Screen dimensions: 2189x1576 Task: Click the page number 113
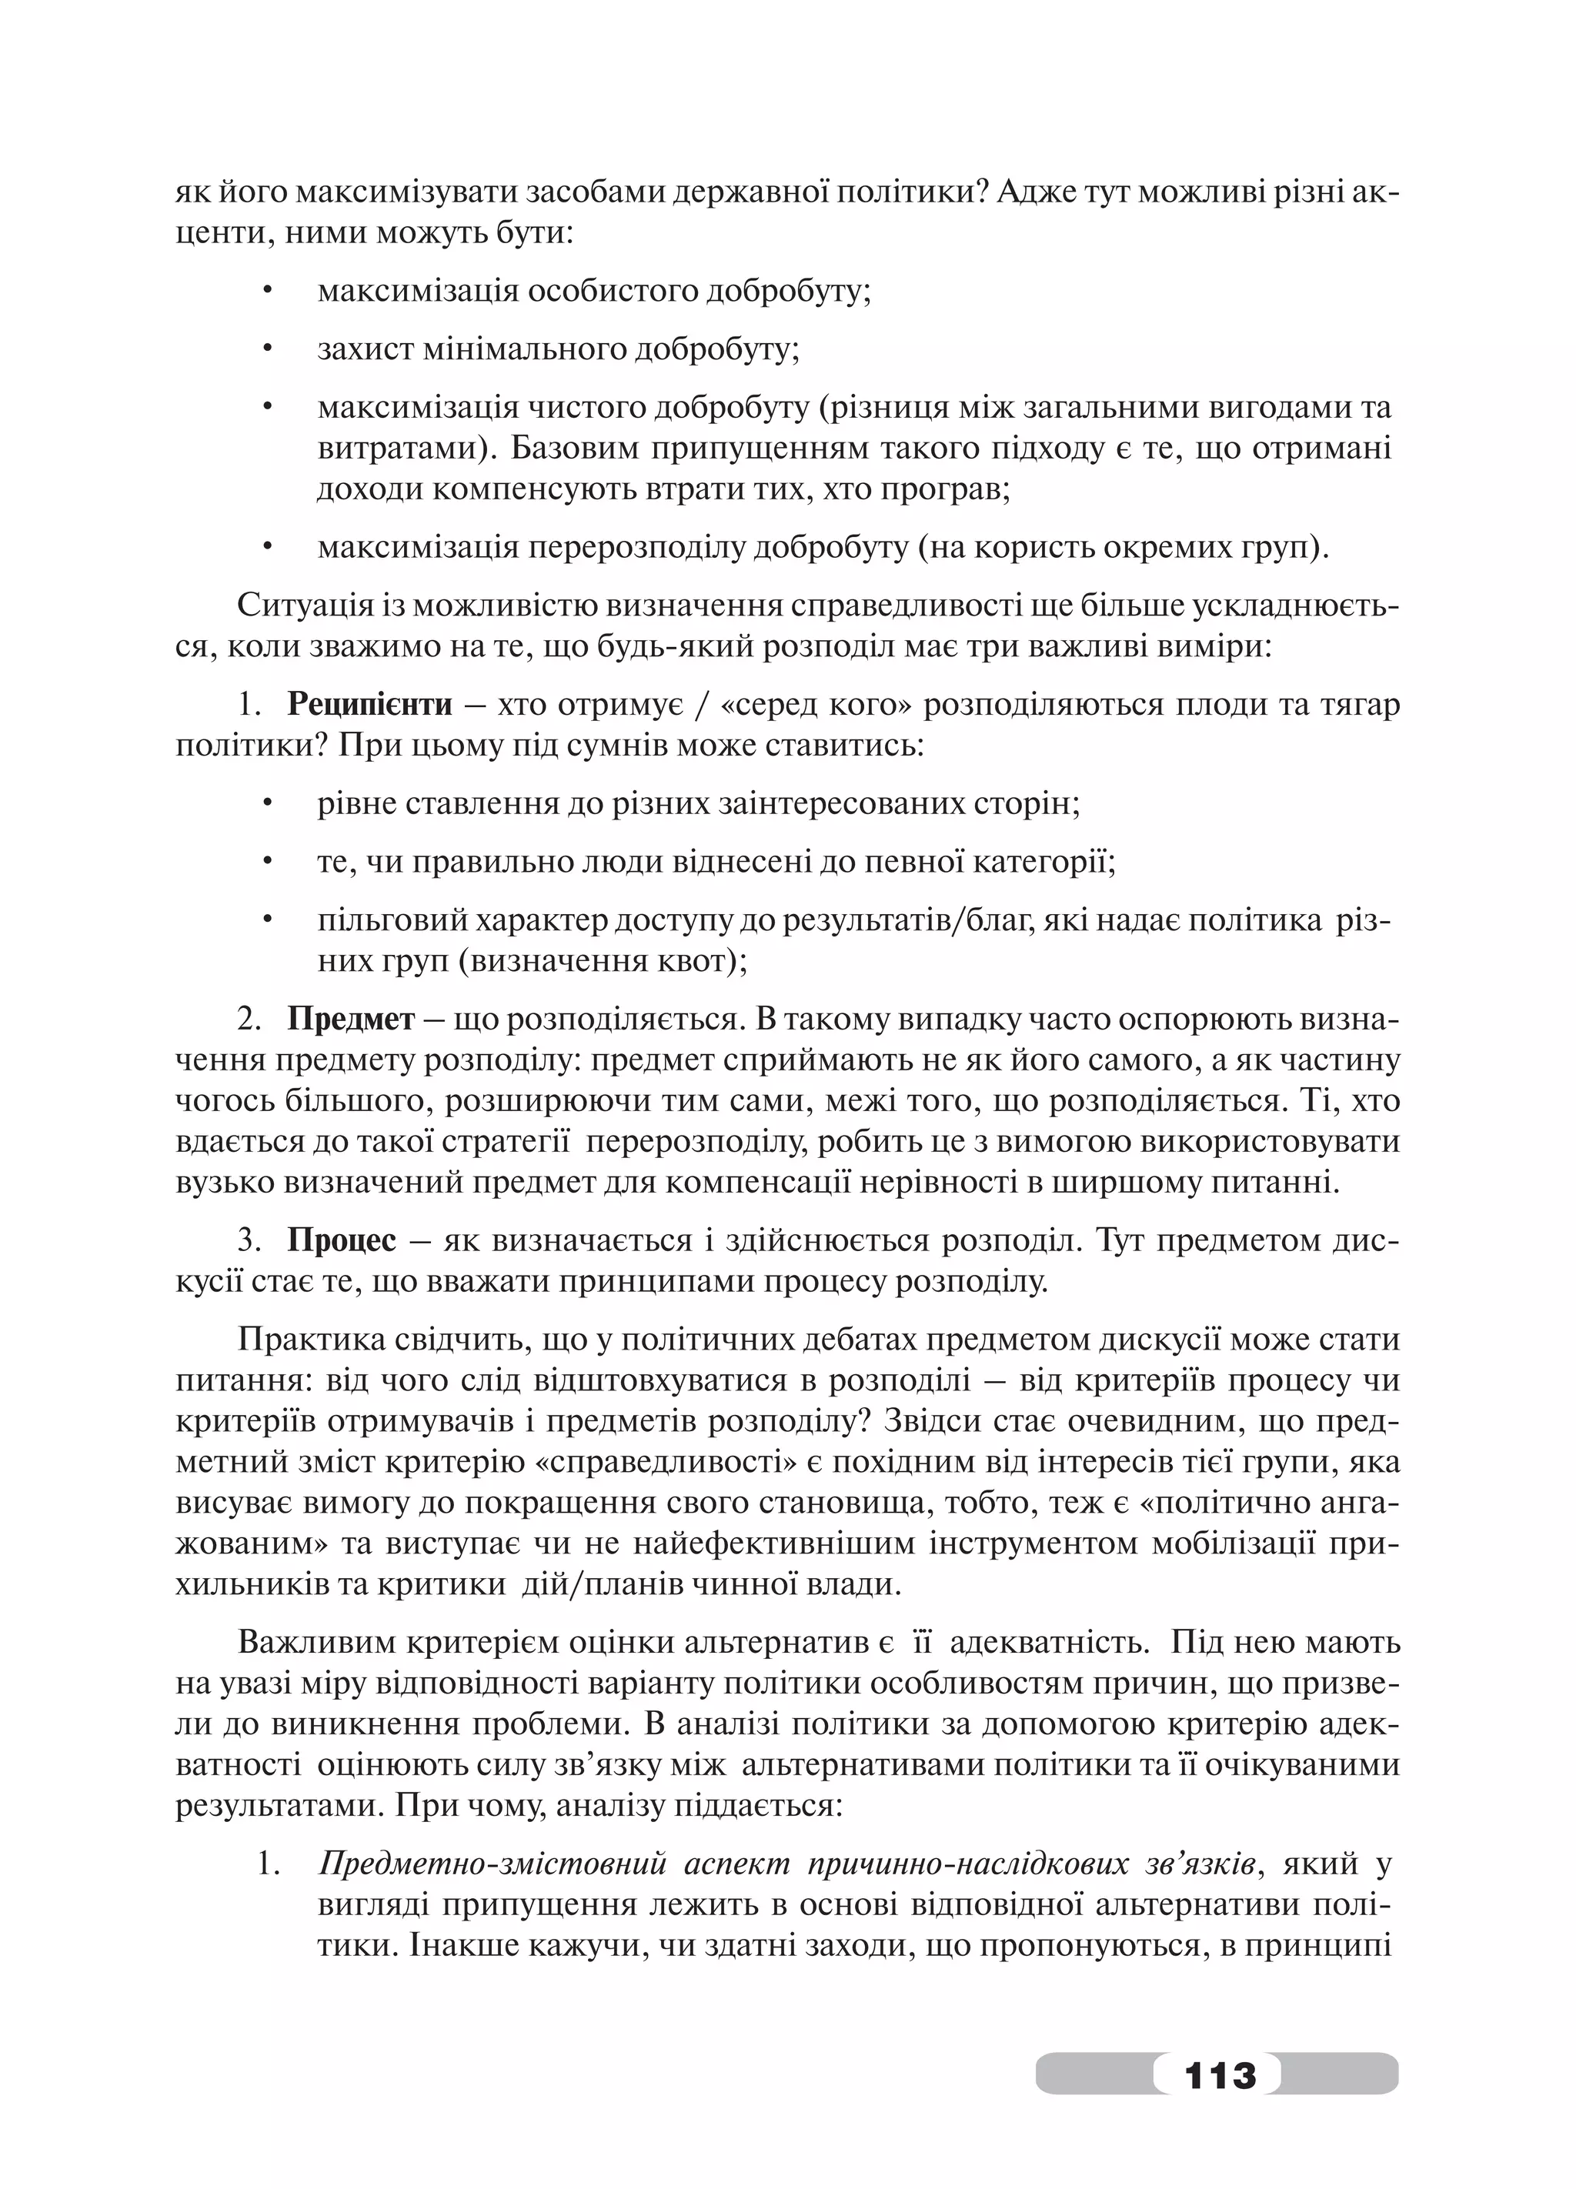1220,2073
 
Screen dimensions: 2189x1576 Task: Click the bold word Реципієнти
369,705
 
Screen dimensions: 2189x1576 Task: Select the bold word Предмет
350,1019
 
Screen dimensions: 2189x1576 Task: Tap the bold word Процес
342,1240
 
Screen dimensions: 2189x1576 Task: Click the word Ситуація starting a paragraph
299,606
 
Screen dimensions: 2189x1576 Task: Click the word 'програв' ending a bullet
949,489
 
